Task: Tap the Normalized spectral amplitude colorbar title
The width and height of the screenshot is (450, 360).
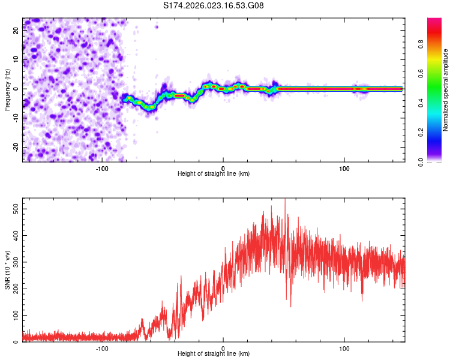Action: (x=445, y=90)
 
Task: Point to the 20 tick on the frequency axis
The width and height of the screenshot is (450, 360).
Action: (x=17, y=32)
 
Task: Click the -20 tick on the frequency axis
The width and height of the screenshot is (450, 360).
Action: (x=17, y=146)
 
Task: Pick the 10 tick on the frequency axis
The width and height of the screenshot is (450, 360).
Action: (x=17, y=61)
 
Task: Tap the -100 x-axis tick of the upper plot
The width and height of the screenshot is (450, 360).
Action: (x=101, y=168)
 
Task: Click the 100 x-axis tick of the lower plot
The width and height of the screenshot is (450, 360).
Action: (x=344, y=348)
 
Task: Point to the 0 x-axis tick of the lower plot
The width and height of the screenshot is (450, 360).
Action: (x=223, y=348)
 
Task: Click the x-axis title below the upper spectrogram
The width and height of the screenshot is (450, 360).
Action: (x=214, y=174)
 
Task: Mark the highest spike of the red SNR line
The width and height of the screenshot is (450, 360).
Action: (x=285, y=200)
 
